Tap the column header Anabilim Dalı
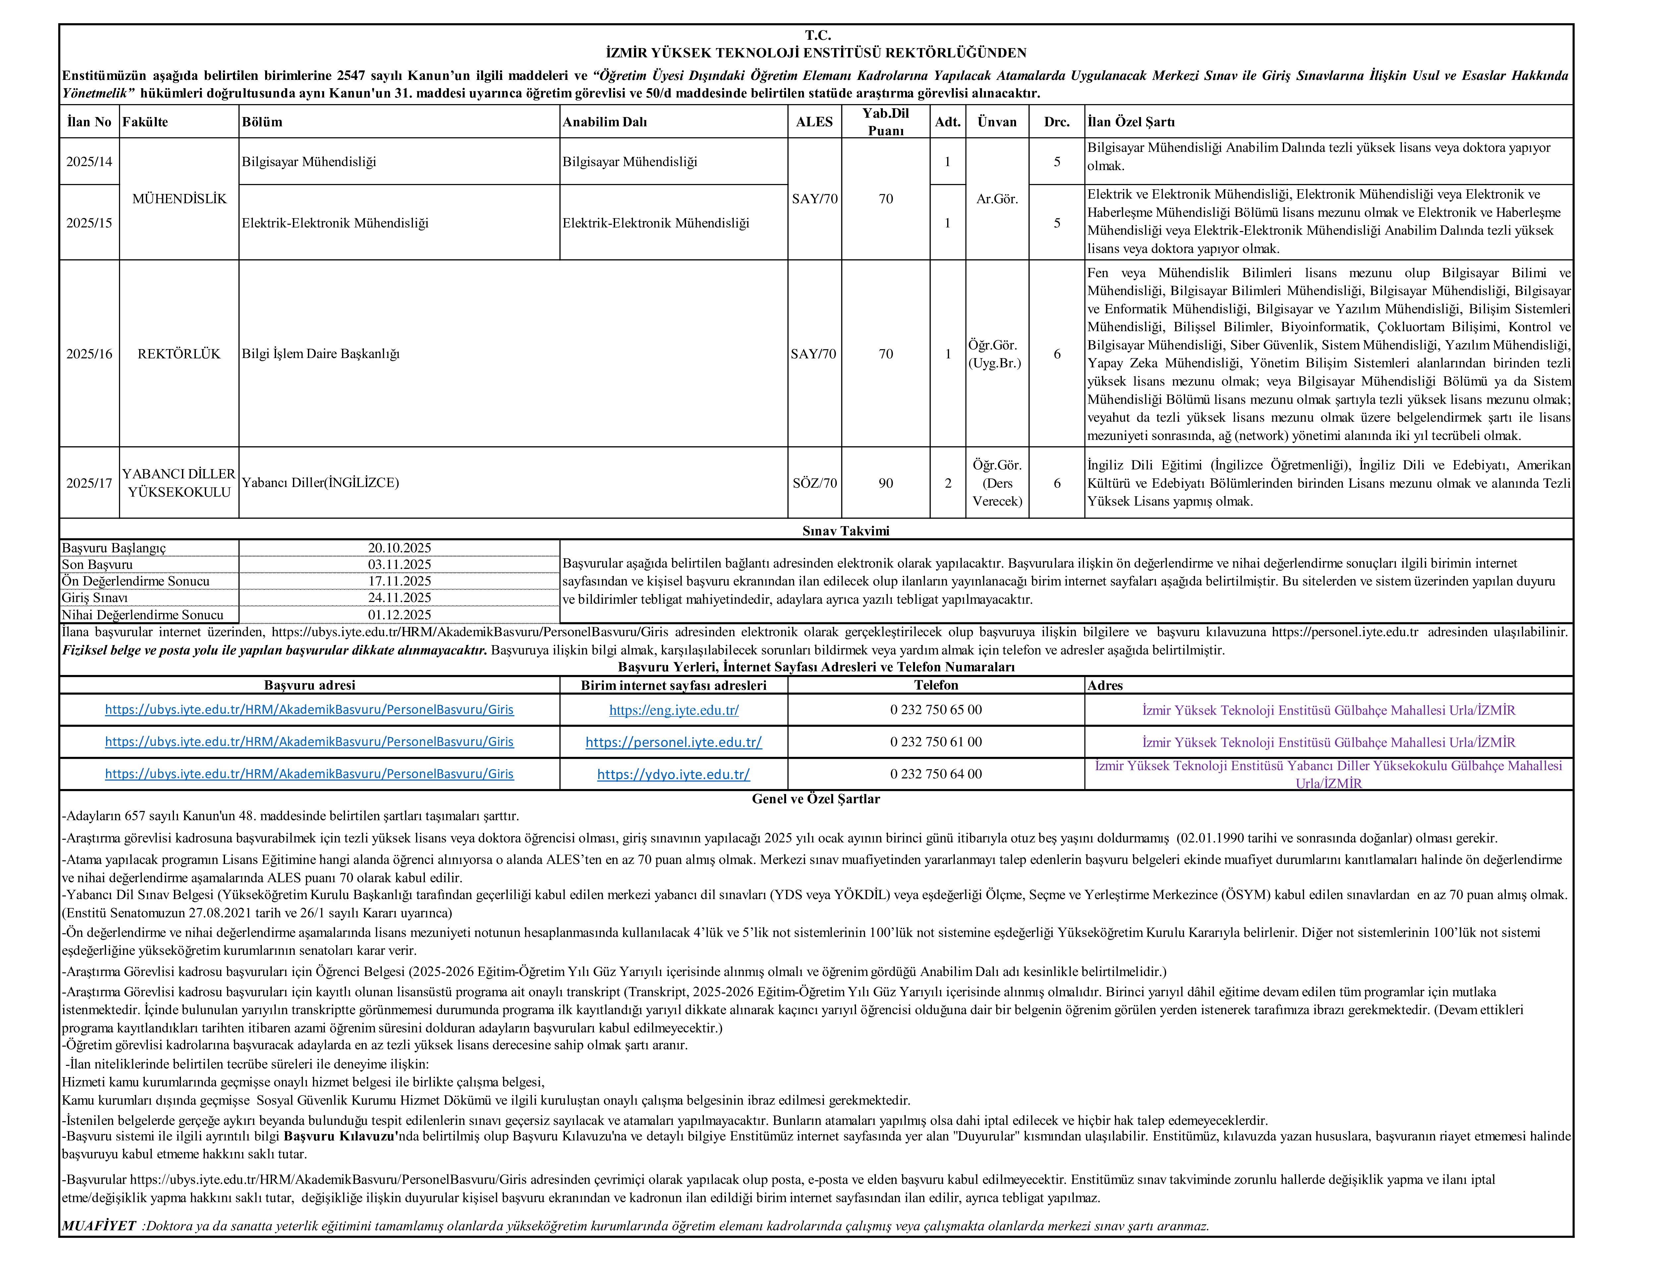[605, 121]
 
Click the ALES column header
[814, 121]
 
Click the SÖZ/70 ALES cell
[814, 483]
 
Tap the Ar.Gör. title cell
[997, 199]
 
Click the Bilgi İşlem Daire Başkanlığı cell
[321, 354]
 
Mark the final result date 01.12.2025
[399, 615]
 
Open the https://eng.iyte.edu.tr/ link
[674, 710]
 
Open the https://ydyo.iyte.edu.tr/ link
[674, 774]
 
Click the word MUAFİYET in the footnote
[99, 1226]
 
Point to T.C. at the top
[818, 35]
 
